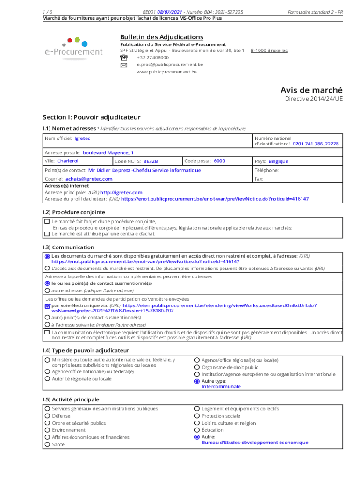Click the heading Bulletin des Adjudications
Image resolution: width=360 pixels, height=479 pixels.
(161, 37)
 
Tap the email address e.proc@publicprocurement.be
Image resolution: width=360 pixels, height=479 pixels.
(170, 65)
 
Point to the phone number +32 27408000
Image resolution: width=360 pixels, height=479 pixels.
(152, 58)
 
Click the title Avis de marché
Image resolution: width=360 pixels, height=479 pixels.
(311, 90)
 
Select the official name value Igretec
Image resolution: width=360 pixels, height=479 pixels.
(82, 138)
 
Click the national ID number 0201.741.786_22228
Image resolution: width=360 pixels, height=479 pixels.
(316, 144)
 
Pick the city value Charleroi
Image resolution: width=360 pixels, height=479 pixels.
(68, 161)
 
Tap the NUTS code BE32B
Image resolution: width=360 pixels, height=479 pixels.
(151, 161)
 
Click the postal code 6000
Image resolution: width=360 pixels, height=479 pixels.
(219, 161)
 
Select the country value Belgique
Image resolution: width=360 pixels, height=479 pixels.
(278, 161)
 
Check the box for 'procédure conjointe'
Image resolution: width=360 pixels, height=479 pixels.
(47, 221)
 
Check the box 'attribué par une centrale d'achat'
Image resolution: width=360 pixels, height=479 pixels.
(47, 233)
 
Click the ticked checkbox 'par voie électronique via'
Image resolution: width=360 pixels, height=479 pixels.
(47, 305)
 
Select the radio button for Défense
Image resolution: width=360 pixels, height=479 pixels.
(47, 416)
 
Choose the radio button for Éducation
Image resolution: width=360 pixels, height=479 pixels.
(197, 430)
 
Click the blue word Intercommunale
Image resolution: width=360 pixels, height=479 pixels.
(221, 387)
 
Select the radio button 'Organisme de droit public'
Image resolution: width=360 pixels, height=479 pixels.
(197, 367)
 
